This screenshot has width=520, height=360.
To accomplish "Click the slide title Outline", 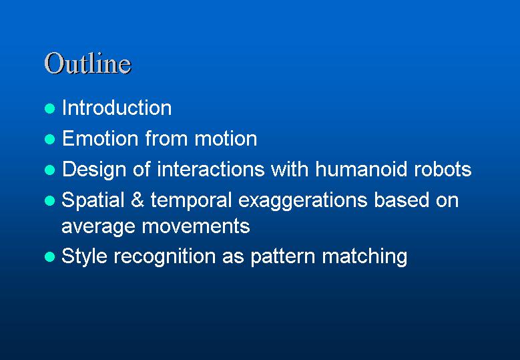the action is click(88, 63).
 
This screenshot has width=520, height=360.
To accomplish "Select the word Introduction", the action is click(117, 108).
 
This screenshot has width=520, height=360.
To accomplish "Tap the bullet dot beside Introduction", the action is click(49, 108).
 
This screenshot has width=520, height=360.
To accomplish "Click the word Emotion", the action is click(100, 138).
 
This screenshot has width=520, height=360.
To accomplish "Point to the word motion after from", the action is click(226, 138).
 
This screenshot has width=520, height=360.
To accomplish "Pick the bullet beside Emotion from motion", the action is click(49, 139).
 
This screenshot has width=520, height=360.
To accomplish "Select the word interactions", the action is click(210, 169).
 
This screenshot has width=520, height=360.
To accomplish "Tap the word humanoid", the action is click(361, 169).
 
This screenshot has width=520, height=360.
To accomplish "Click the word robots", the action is click(443, 169).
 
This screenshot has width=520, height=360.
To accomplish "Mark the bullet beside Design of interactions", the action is click(49, 170).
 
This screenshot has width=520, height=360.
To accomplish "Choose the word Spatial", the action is click(93, 200).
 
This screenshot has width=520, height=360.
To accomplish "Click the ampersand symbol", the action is click(138, 200).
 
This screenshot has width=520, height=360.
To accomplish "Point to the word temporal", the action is click(191, 201).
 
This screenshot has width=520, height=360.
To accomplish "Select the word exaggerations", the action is click(302, 201).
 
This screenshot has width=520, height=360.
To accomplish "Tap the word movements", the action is click(196, 226).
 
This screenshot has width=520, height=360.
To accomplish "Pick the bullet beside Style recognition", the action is click(49, 256).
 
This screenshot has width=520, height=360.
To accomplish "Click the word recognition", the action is click(164, 256).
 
